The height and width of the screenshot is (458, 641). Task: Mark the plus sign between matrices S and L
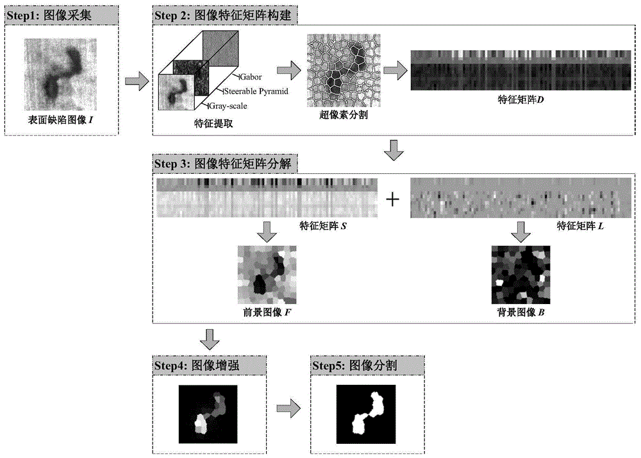pos(392,199)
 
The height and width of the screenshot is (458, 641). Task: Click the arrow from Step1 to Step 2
pos(135,81)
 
